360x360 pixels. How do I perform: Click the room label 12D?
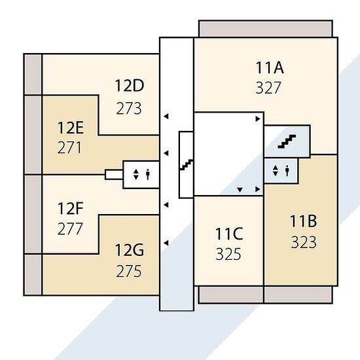[x=130, y=86]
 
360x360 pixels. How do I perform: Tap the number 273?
[x=129, y=109]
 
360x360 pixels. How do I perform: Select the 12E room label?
[x=71, y=128]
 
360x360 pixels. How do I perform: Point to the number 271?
[x=69, y=148]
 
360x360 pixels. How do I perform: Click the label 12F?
[x=70, y=208]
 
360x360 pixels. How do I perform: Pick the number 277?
[x=70, y=228]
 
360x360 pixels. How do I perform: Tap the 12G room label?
[x=130, y=250]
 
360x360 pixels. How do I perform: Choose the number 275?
[x=129, y=271]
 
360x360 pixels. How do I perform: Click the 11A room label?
[x=270, y=67]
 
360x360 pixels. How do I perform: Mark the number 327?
[x=268, y=88]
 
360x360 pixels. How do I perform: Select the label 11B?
[x=303, y=221]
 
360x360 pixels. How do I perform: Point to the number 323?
[x=304, y=242]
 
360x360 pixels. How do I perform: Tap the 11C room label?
[x=229, y=234]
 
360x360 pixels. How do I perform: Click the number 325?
[x=228, y=254]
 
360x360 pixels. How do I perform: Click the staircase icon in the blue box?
[x=287, y=141]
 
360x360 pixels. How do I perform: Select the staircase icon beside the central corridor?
[x=187, y=164]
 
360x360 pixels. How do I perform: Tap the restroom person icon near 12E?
[x=148, y=174]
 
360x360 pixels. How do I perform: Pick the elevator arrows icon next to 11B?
[x=276, y=171]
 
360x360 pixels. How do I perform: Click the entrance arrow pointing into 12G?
[x=166, y=243]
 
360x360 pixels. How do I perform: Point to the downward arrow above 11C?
[x=240, y=190]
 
